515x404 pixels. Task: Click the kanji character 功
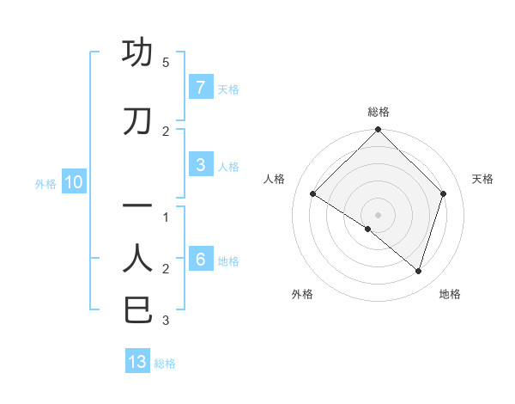pos(137,52)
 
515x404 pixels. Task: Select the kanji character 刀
pos(137,122)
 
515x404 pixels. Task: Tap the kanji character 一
pos(137,206)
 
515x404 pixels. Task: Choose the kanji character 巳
pos(137,309)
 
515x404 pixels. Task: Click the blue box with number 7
pos(200,87)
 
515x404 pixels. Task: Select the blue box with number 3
pos(200,165)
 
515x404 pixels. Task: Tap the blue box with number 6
pos(200,260)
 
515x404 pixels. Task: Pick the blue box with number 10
pos(73,182)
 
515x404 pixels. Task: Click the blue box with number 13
pos(137,362)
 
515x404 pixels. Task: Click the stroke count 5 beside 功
pos(166,63)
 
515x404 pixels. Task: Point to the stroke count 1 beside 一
pos(166,217)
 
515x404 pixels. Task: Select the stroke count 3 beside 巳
pos(166,321)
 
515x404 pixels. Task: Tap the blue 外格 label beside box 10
pos(45,183)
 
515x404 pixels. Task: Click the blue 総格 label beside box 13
pos(165,363)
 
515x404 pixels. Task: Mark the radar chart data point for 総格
pos(378,131)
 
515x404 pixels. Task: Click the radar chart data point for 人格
pos(313,194)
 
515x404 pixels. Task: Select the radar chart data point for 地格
pos(418,271)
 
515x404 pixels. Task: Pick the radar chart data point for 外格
pos(368,230)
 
